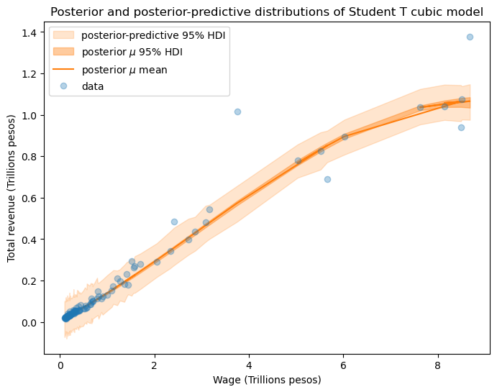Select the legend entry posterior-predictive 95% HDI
[x=155, y=35]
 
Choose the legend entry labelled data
[x=93, y=86]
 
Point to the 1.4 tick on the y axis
[x=31, y=32]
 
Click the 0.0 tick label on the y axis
[x=31, y=322]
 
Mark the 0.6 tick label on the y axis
[x=31, y=198]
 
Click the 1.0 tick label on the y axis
[x=31, y=115]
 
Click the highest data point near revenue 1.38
[x=470, y=37]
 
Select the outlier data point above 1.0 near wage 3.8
[x=237, y=111]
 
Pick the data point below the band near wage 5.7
[x=327, y=179]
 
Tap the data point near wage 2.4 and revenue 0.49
[x=174, y=222]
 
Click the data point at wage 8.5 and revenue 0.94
[x=461, y=127]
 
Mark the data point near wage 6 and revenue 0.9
[x=345, y=137]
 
